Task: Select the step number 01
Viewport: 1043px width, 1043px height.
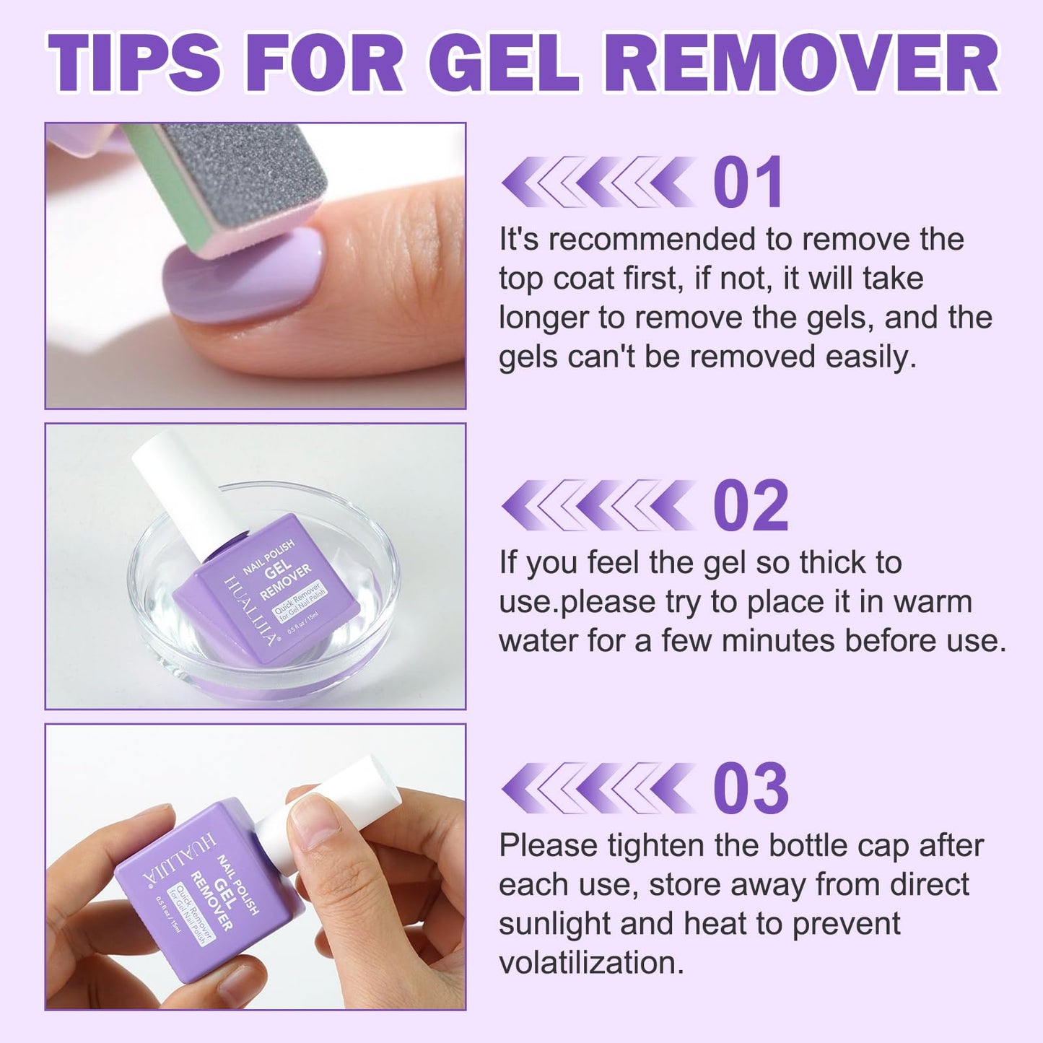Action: (x=748, y=183)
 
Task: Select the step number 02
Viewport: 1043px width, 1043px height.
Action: (x=751, y=507)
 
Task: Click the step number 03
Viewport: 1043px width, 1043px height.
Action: (x=751, y=789)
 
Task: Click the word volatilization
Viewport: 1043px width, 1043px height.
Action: (x=591, y=963)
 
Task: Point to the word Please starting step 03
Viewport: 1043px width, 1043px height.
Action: (x=548, y=846)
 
